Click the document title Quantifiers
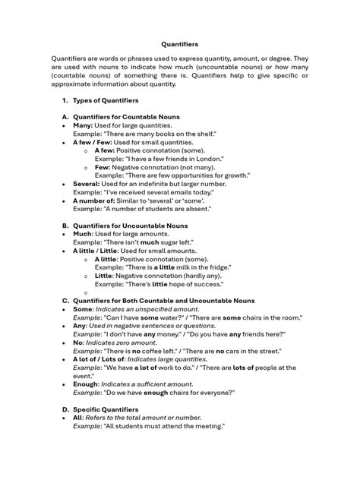179,44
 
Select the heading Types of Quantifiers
106,100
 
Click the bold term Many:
84,125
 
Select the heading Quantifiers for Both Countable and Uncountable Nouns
163,301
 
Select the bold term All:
78,418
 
